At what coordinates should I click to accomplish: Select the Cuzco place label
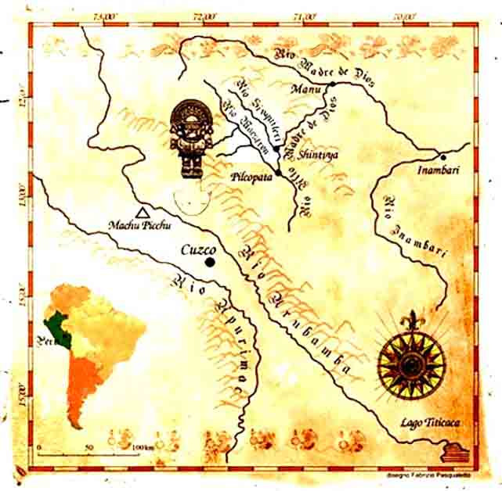pos(197,250)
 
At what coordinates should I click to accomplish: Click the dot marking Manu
pos(332,84)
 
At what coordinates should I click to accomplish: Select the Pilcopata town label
pos(251,178)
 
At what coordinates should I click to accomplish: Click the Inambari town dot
pos(442,157)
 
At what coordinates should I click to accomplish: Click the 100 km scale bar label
pos(142,446)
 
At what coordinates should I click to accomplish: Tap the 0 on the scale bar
pos(39,446)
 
